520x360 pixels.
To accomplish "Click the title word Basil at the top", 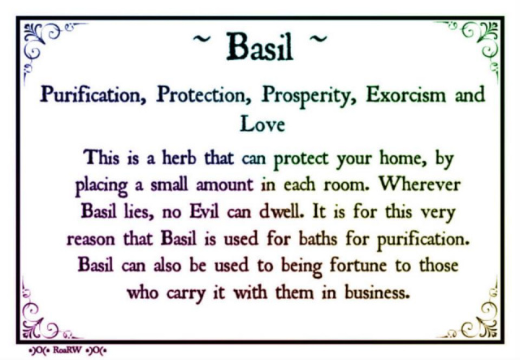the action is click(260, 46).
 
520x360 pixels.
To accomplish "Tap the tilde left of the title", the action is click(201, 39).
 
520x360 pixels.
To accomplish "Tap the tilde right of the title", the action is click(318, 39).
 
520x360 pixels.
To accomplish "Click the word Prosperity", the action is click(309, 96).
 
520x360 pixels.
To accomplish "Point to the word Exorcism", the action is click(406, 94).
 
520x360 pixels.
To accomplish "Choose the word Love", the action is click(262, 124).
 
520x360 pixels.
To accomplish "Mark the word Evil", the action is click(204, 211).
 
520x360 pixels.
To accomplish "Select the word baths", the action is click(318, 238).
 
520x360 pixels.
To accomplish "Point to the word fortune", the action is click(358, 266).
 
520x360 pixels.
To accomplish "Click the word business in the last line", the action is click(375, 293).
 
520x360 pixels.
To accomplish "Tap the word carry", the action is click(186, 294).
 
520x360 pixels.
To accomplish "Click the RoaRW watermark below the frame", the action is click(67, 350).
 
